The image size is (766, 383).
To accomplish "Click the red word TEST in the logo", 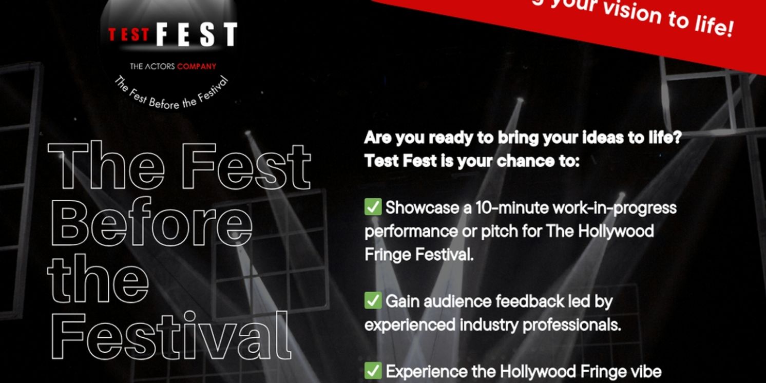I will tap(128, 35).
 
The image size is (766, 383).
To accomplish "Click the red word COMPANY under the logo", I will tap(197, 66).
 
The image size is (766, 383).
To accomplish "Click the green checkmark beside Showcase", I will tap(373, 207).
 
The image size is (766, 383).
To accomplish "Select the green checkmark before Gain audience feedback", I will tap(373, 301).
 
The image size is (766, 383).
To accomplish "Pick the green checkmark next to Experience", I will tap(373, 371).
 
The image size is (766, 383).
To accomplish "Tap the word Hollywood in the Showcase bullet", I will tap(616, 231).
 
